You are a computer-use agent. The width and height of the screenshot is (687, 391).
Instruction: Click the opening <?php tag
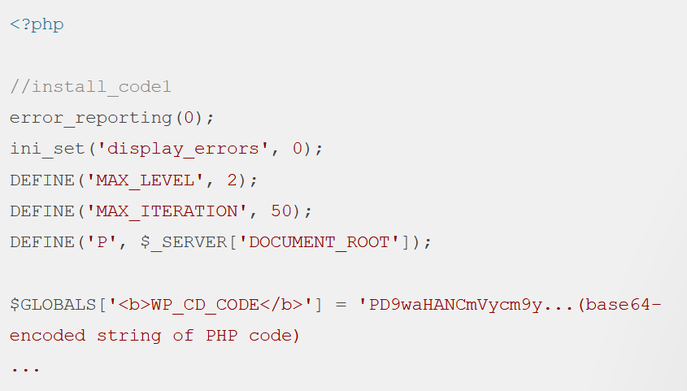point(37,24)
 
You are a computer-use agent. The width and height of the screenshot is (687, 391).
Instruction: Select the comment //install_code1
point(90,87)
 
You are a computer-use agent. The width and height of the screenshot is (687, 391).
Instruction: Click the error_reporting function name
point(90,118)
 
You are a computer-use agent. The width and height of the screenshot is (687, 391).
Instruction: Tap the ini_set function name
point(47,149)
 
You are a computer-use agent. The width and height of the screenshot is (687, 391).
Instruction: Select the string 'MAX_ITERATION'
point(167,211)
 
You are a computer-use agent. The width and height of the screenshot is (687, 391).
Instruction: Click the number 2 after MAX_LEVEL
point(233,180)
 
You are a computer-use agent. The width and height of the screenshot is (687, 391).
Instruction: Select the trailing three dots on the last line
point(25,367)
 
